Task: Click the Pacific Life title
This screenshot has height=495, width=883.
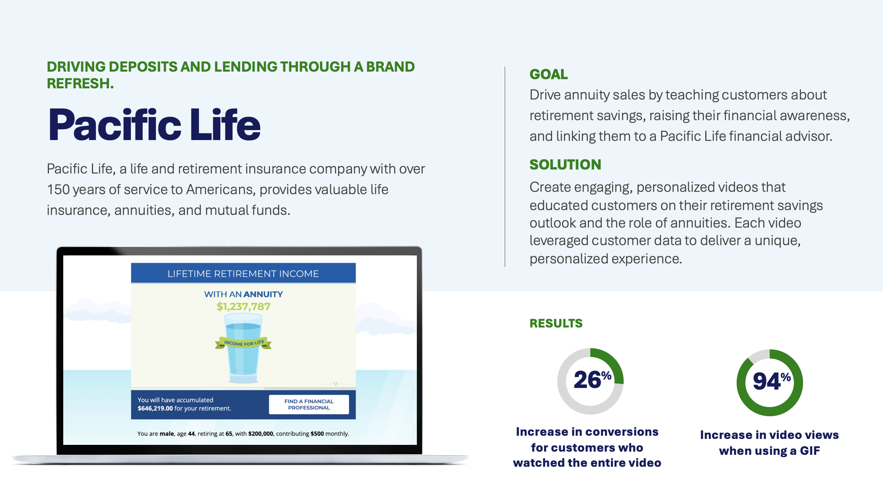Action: click(154, 125)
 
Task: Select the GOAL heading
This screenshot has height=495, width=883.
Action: click(548, 74)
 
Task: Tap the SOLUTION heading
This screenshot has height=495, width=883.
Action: click(565, 165)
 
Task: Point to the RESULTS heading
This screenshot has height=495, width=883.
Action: click(556, 323)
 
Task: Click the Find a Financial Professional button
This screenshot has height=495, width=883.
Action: click(309, 404)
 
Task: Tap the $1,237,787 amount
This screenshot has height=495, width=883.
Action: click(243, 306)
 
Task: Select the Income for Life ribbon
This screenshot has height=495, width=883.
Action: click(243, 343)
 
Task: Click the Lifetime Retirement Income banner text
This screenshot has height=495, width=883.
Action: click(243, 274)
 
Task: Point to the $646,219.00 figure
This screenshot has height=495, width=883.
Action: click(155, 408)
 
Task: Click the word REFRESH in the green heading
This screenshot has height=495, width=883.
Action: click(78, 84)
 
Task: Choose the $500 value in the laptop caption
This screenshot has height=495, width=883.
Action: click(317, 434)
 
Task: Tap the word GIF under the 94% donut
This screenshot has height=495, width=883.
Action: click(810, 451)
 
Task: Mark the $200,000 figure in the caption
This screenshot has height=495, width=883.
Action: click(261, 434)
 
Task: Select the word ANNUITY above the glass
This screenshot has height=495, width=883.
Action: click(263, 294)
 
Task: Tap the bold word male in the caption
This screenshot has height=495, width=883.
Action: click(167, 434)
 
